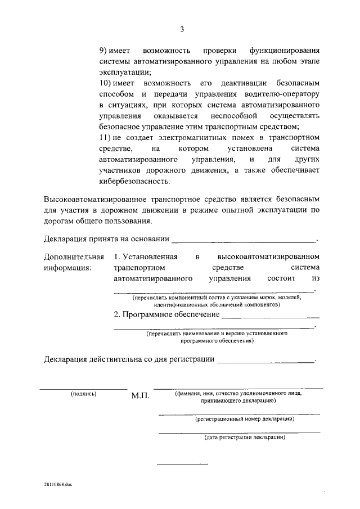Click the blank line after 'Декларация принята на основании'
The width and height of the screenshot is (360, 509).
[x=244, y=240]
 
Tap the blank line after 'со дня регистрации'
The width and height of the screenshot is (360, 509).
[x=265, y=361]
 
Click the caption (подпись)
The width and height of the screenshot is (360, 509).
[x=83, y=394]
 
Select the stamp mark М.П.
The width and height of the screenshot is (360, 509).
[x=139, y=396]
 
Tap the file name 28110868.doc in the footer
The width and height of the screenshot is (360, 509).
[x=60, y=484]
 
